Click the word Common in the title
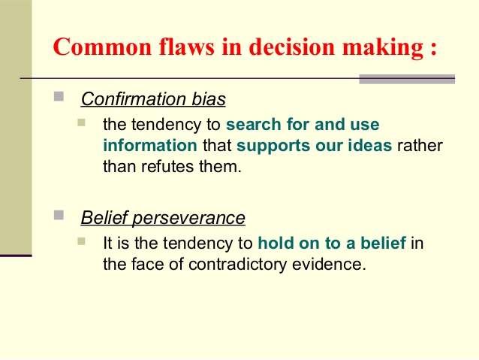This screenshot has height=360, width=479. tap(102, 47)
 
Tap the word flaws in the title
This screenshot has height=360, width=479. tap(187, 47)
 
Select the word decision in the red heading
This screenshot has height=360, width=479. tap(292, 47)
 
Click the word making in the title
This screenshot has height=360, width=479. tap(383, 48)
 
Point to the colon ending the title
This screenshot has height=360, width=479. tap(434, 50)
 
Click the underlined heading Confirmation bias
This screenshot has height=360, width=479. tap(153, 98)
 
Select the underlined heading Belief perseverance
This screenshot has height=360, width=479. tap(163, 218)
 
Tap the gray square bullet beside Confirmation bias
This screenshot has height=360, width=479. tap(59, 96)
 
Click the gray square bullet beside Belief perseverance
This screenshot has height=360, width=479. tap(59, 215)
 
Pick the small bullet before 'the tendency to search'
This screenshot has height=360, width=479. tap(81, 123)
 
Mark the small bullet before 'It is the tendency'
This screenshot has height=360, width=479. tap(81, 241)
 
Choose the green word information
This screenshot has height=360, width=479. tap(150, 145)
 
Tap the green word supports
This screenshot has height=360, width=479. tap(273, 147)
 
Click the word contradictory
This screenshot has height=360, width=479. tap(237, 265)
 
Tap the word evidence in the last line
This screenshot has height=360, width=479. tap(329, 265)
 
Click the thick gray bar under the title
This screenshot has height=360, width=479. tap(407, 79)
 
